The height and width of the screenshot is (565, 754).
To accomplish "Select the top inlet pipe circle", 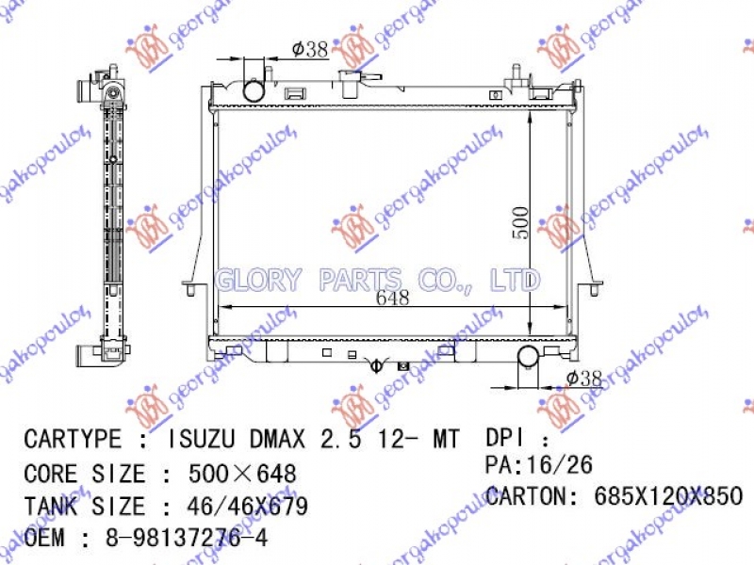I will pyautogui.click(x=255, y=91).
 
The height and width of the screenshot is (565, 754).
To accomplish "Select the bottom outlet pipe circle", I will pyautogui.click(x=529, y=357).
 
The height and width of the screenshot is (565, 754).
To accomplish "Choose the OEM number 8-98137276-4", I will pyautogui.click(x=187, y=540).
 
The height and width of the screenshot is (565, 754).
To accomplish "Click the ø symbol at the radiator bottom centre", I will pyautogui.click(x=375, y=364).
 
